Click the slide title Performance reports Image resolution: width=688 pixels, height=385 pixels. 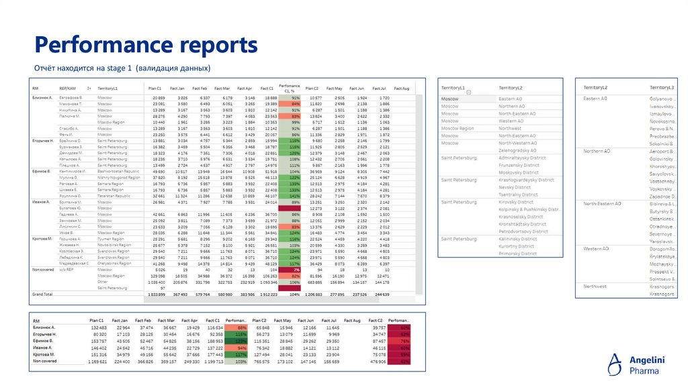coord(146,45)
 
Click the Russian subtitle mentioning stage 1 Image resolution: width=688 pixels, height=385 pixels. coord(123,68)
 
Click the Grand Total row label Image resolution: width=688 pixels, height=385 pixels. coord(42,294)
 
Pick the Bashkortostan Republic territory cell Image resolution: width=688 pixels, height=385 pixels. coord(118,172)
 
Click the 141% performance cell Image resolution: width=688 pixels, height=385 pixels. coord(291,195)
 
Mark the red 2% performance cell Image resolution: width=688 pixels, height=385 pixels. coord(291,269)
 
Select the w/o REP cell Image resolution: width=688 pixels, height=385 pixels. coord(67,269)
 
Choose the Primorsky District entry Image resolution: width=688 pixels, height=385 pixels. coord(517,254)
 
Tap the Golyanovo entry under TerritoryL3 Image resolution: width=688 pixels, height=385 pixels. coord(663,99)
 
